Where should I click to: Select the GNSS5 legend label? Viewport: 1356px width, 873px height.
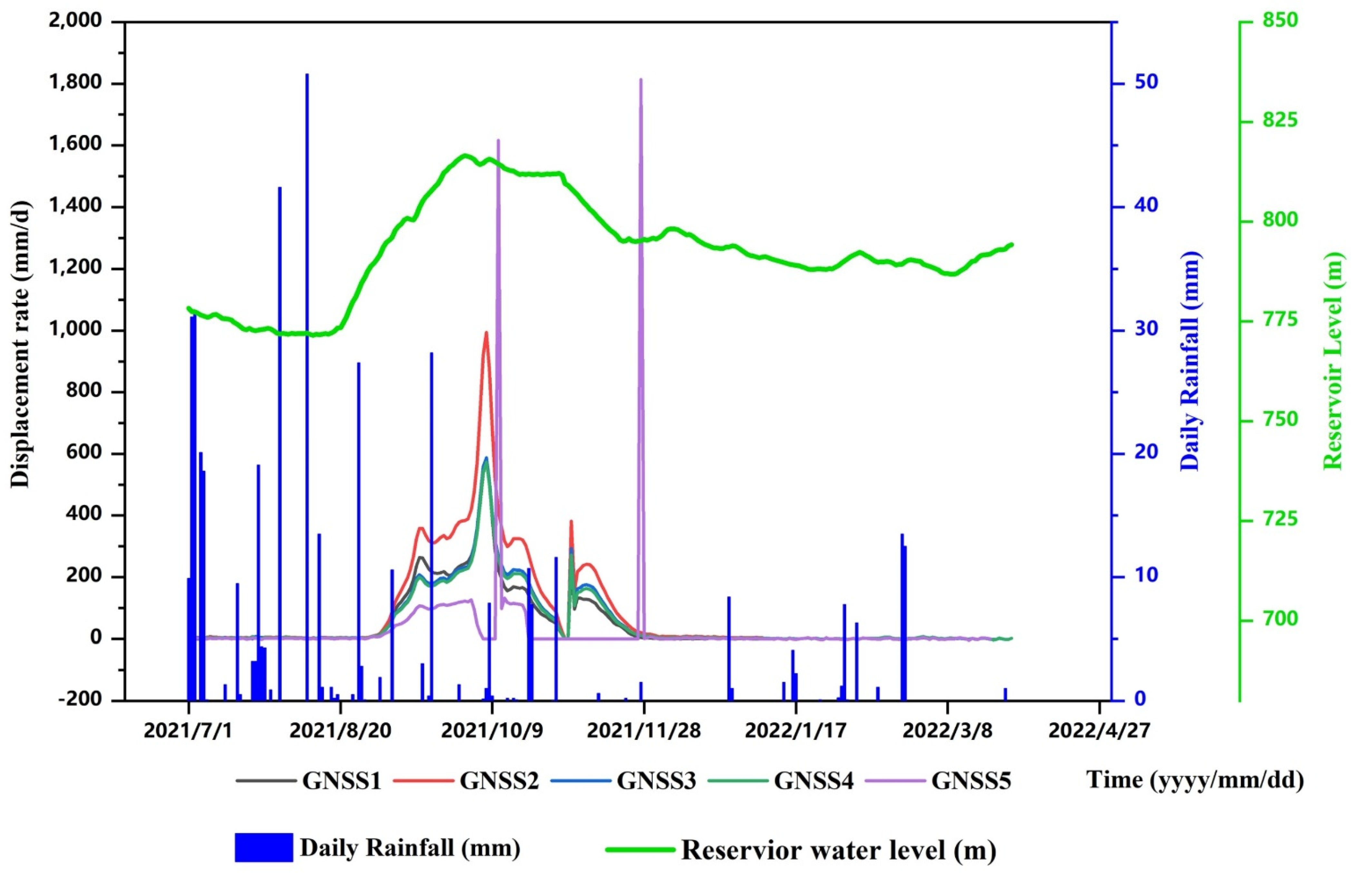tap(971, 781)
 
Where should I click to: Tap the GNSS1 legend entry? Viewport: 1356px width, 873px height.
tap(341, 781)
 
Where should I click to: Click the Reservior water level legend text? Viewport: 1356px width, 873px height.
tap(838, 850)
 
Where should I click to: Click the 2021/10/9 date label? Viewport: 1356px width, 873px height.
tap(492, 731)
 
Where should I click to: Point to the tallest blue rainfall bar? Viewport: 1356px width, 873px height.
tap(307, 74)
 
